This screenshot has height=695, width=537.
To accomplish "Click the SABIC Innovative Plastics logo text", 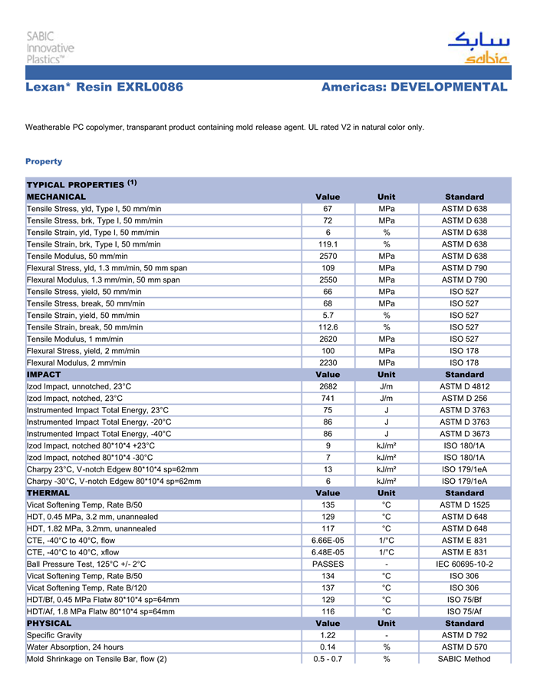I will (x=51, y=48).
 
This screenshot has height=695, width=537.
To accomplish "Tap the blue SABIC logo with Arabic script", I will (x=478, y=48).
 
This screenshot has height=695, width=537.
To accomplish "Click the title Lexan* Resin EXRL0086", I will (x=104, y=88).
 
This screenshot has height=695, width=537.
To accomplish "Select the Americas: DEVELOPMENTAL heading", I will (x=414, y=88).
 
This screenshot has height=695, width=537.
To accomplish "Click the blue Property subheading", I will (x=44, y=161).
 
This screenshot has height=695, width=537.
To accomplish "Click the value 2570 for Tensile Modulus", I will (x=328, y=256).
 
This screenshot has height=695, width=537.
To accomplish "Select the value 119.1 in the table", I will (x=328, y=244).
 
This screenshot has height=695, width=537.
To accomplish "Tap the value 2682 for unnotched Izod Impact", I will (x=328, y=386).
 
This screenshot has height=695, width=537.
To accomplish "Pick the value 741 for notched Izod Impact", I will (x=328, y=399).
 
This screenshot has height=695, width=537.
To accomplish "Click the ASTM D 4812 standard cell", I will (x=464, y=386).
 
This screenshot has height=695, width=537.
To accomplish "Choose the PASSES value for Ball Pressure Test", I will (x=328, y=564).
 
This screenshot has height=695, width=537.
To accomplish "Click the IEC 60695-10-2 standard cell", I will (x=464, y=564).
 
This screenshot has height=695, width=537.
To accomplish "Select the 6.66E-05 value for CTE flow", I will (x=328, y=541).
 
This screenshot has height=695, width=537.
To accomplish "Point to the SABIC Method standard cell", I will (x=464, y=659).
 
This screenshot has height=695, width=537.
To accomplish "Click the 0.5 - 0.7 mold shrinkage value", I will (x=328, y=659).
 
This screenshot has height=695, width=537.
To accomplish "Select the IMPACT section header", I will (x=44, y=375).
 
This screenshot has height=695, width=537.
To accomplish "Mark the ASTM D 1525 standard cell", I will (x=464, y=505).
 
